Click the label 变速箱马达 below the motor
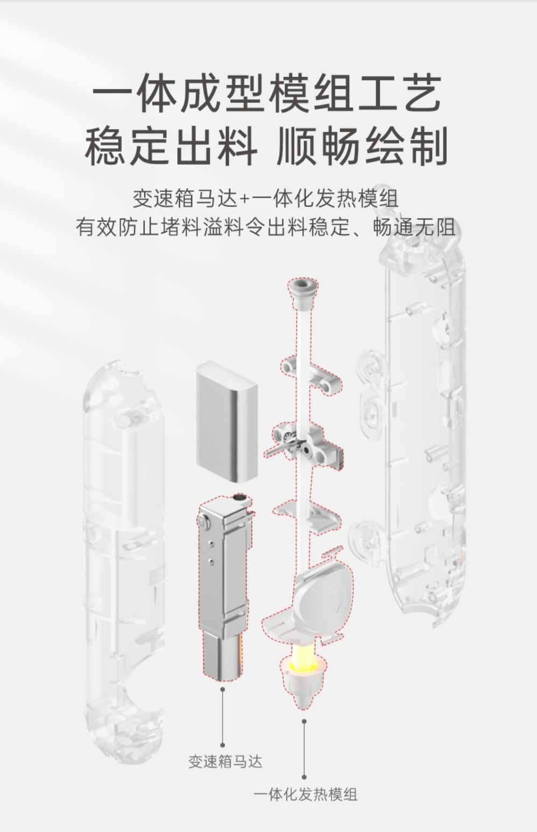point(225,762)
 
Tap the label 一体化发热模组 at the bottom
point(305,794)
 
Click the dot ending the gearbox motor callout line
point(222,745)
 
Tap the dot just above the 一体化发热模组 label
point(304,777)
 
